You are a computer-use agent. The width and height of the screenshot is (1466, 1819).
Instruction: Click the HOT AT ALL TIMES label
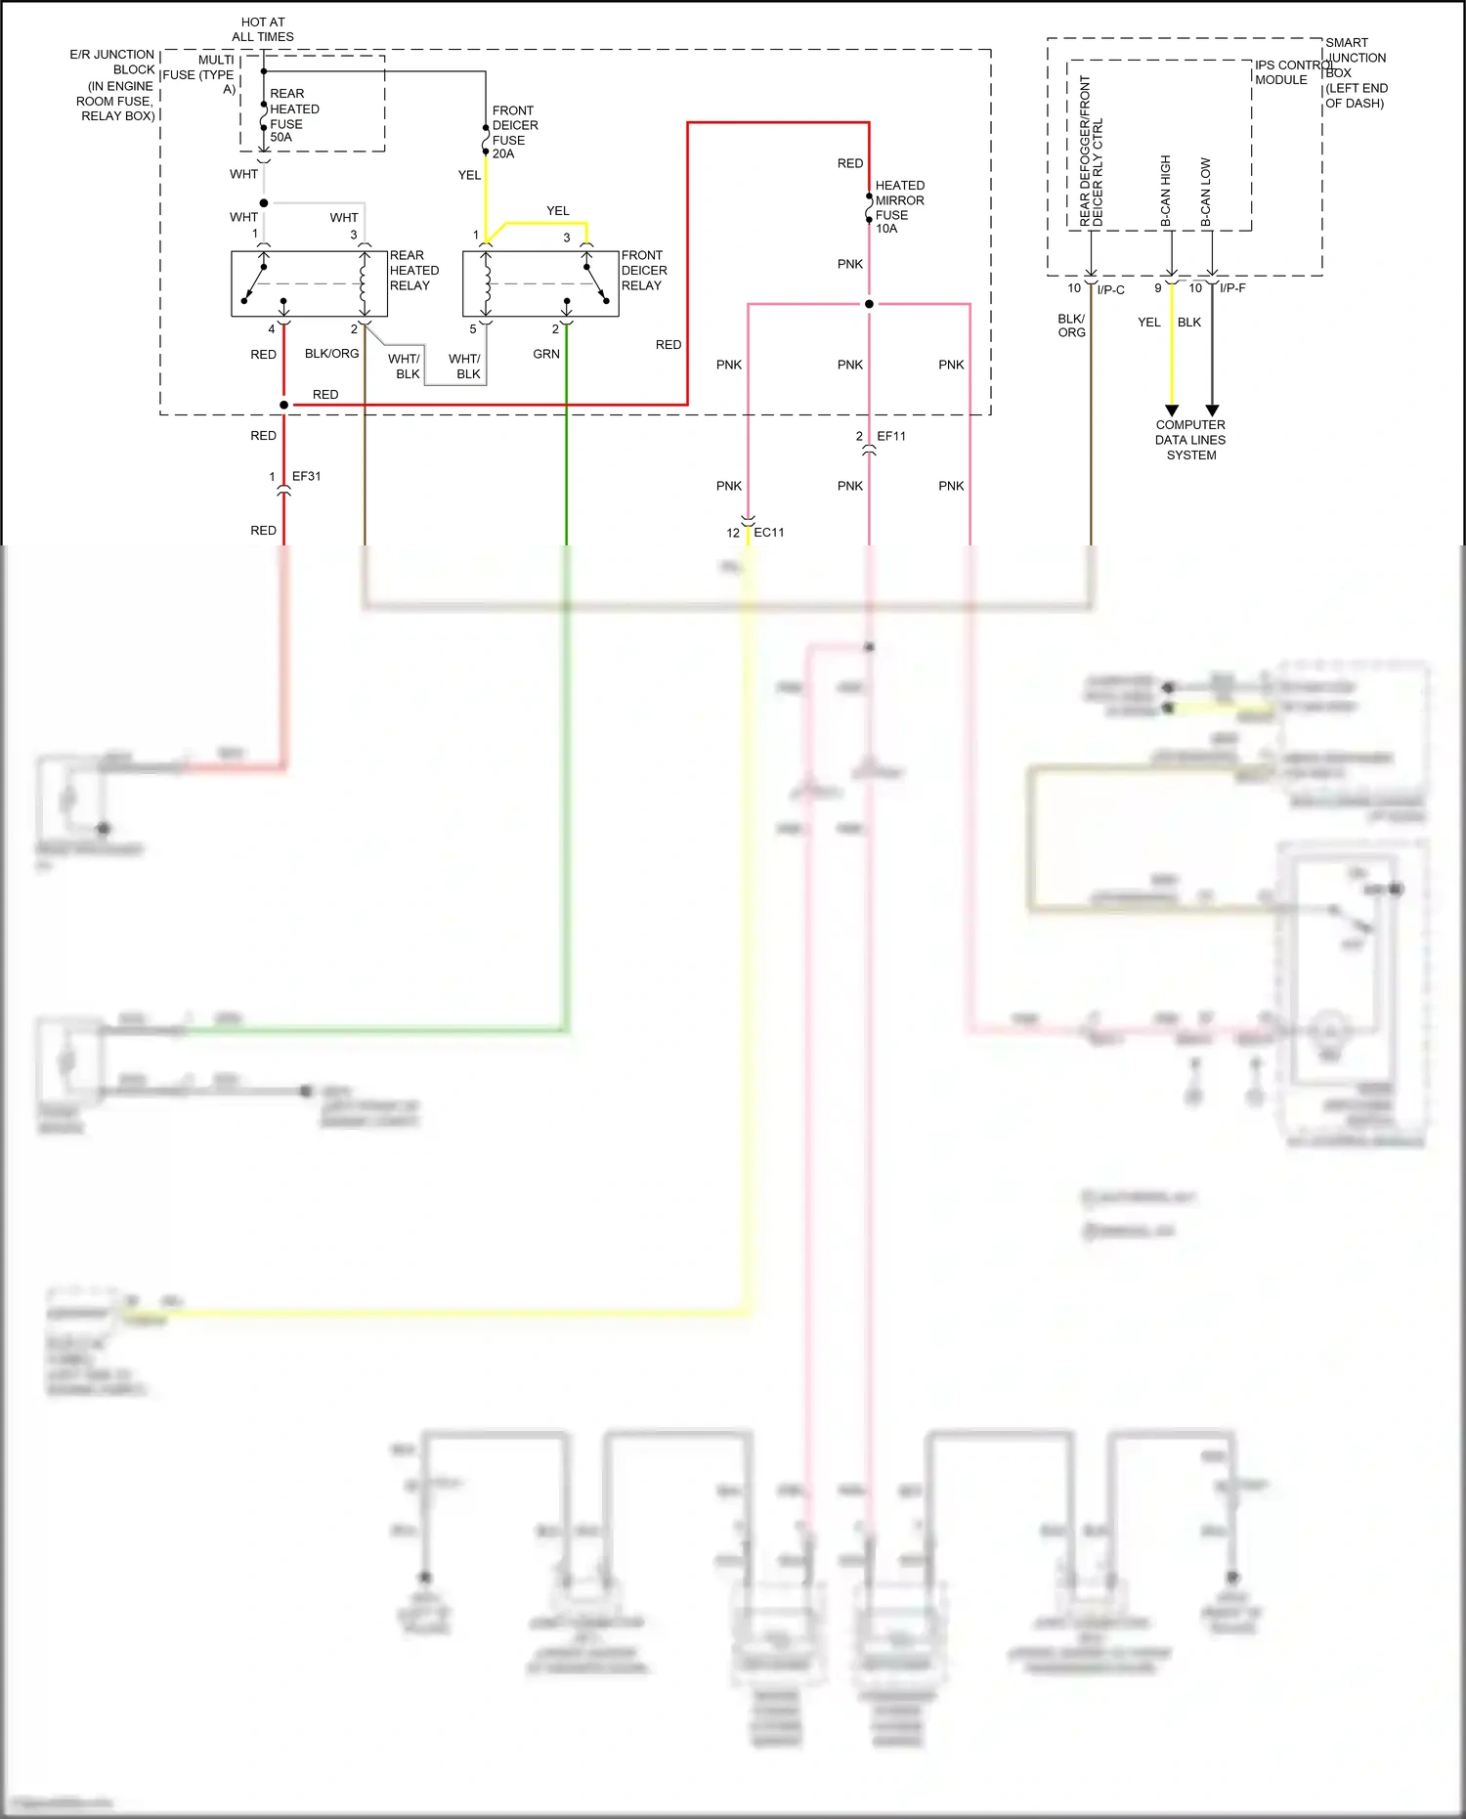263,29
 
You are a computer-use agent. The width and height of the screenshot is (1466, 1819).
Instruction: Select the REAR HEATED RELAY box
309,283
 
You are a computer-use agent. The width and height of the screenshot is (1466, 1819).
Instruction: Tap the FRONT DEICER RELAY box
540,283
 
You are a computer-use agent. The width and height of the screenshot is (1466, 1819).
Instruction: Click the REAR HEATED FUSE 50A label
293,115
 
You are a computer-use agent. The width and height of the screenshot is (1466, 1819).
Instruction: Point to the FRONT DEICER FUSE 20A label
514,132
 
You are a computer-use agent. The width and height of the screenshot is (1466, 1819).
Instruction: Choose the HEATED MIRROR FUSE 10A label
898,206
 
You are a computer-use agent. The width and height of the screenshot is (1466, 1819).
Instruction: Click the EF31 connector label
306,476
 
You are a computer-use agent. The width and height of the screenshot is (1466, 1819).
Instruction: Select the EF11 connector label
890,436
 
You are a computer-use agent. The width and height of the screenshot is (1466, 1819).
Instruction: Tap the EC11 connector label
768,532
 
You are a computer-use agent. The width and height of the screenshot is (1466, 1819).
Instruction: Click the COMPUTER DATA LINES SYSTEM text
1190,440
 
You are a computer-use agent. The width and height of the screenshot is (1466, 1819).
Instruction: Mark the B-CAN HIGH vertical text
1165,191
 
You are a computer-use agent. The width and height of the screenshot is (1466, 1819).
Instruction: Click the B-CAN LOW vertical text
1205,193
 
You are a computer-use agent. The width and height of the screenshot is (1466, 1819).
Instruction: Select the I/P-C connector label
1110,289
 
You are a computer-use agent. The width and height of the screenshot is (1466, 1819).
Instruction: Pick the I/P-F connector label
1232,288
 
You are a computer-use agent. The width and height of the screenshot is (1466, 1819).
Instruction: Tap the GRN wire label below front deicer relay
546,354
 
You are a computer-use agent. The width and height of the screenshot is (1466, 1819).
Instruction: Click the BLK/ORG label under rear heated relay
331,353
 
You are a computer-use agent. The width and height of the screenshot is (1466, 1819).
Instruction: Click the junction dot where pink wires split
869,304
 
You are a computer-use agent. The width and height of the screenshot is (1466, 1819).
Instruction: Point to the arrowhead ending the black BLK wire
1212,411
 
